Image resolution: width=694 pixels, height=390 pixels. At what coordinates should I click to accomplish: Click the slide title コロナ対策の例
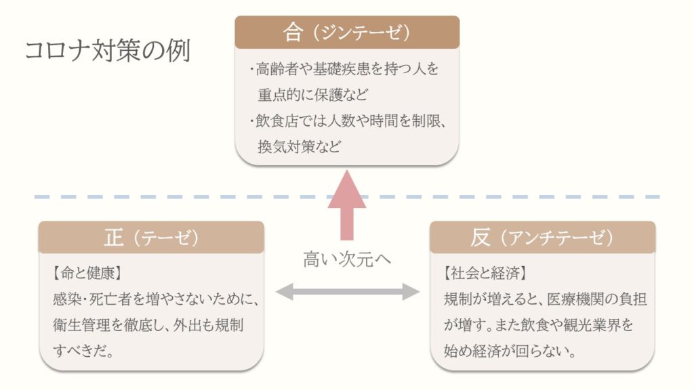(107, 51)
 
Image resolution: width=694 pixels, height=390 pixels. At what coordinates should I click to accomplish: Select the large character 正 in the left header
(115, 238)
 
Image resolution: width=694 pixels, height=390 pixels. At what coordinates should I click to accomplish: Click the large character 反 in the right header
(481, 238)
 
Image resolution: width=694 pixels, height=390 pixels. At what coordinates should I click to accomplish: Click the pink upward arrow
(347, 203)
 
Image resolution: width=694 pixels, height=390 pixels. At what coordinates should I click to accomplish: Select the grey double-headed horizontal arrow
(347, 292)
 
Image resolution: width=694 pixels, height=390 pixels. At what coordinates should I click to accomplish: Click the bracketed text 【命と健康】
(86, 274)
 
